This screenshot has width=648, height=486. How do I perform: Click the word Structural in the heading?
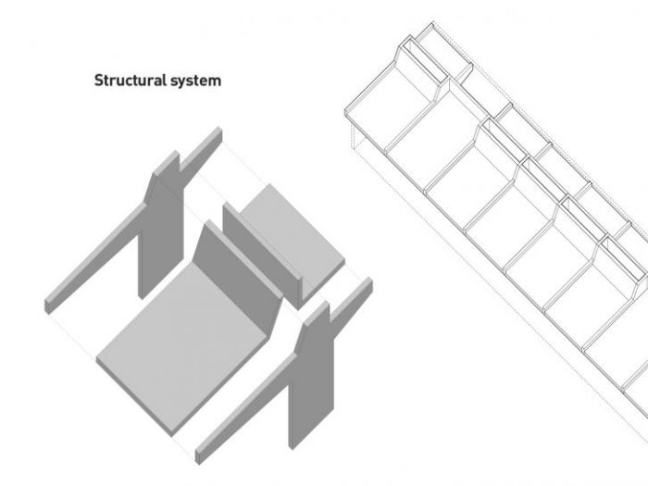131,80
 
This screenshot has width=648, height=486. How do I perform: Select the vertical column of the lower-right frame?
311,380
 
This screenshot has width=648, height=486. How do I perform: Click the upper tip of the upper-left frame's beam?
219,131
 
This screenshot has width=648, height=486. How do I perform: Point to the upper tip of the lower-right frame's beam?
369,281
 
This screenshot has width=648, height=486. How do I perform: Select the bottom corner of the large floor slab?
172,436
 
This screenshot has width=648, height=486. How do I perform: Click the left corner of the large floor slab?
96,359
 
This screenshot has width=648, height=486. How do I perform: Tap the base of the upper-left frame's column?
141,297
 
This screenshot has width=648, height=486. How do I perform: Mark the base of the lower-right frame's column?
291,448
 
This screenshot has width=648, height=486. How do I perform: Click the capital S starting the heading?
99,81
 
